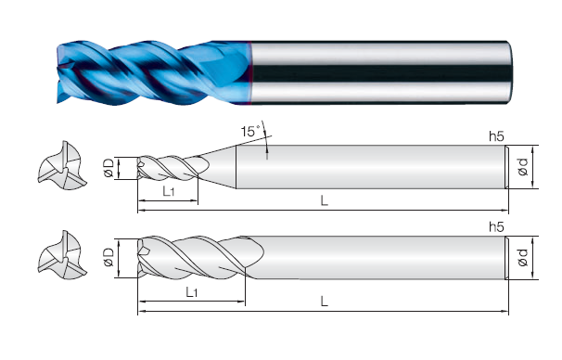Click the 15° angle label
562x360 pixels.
click(250, 131)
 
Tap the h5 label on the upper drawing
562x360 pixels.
click(496, 136)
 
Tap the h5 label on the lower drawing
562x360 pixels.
click(496, 227)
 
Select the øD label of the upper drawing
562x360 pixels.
click(109, 168)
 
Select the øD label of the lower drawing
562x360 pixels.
click(109, 257)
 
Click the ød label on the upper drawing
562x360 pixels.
click(523, 167)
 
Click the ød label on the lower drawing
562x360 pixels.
click(523, 257)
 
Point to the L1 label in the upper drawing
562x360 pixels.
click(169, 191)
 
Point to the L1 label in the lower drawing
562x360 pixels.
click(192, 292)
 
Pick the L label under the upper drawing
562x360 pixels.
click(324, 200)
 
